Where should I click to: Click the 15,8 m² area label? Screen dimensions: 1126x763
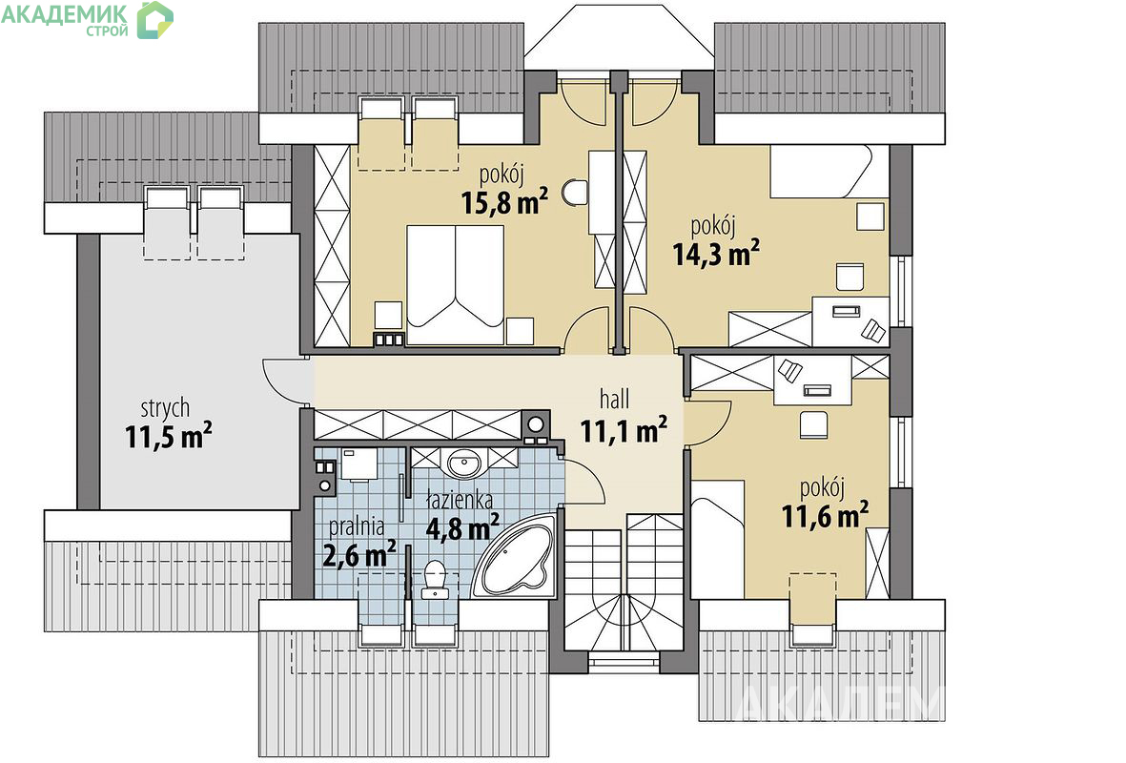504,201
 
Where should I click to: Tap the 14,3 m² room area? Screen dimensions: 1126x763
716,252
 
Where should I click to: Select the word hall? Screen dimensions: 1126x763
615,399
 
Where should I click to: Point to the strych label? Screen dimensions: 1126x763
165,408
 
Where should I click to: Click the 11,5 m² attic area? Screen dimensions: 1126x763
168,435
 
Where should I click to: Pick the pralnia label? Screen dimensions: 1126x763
357,526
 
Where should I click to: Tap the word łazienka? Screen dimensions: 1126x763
459,499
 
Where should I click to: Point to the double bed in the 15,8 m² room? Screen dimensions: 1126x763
455,284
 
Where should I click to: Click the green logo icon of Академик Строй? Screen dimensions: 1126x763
155,19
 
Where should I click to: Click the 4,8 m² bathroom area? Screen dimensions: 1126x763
462,528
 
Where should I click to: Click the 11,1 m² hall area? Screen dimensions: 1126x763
624,430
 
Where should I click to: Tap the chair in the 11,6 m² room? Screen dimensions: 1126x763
813,423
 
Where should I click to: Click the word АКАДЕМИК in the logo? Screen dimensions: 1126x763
65,13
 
